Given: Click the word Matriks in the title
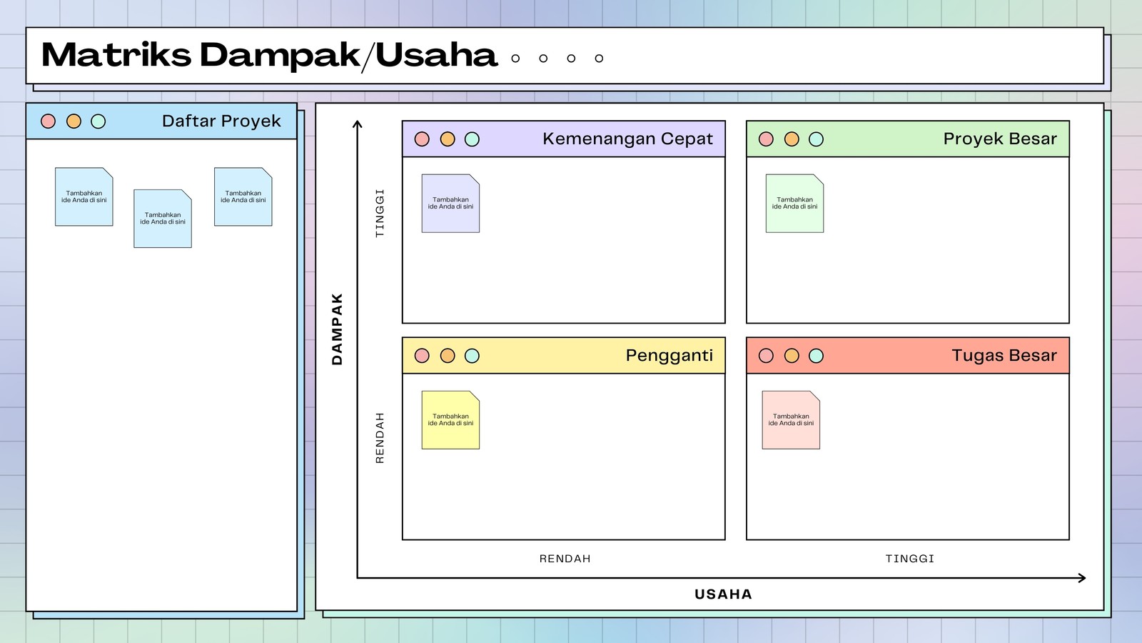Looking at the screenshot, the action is point(116,55).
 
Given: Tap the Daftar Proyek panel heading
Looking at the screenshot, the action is point(221,121).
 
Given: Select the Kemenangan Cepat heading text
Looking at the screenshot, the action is point(627,139).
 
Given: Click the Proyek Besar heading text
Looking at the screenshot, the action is point(1000,139).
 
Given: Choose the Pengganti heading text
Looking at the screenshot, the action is point(669,356).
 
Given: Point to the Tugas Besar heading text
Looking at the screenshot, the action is point(1004,356).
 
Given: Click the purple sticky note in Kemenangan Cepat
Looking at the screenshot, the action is point(450,204).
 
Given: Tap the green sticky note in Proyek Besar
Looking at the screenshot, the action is point(794,204).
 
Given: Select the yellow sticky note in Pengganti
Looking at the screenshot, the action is point(450,420).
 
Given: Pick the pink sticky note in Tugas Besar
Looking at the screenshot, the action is point(791,420).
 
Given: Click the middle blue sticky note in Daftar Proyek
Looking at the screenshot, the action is point(163,219).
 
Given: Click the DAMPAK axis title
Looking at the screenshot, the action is point(337,329).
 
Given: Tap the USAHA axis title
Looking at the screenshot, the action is point(724,594).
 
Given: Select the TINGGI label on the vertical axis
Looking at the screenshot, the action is point(380,214).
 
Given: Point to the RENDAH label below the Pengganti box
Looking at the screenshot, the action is point(565,559).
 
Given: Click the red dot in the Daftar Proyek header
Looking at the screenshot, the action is point(48,121).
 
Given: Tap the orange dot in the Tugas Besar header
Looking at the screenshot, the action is point(792,356).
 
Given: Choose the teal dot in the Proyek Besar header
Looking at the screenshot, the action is point(817,139).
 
